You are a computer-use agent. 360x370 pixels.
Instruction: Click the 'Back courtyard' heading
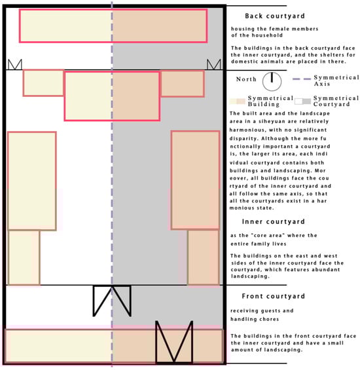tap(275, 16)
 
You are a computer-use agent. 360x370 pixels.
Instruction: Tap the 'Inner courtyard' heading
tap(274, 221)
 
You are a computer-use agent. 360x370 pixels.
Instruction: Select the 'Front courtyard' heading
tap(274, 296)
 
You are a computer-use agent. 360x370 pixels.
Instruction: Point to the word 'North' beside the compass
tap(246, 79)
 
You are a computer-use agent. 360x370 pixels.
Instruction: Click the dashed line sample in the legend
tap(302, 79)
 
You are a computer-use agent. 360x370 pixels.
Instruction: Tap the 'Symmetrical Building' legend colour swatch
tap(238, 102)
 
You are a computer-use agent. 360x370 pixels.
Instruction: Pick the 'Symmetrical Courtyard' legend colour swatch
tap(303, 102)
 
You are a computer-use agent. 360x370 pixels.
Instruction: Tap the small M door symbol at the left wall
tap(15, 64)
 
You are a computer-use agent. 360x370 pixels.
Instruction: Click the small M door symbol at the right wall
tap(214, 64)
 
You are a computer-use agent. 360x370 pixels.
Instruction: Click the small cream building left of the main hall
tap(43, 83)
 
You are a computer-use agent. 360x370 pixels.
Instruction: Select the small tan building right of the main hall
tap(183, 84)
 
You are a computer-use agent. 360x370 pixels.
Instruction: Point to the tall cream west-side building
tap(32, 181)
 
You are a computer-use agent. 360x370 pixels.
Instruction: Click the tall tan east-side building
tap(196, 180)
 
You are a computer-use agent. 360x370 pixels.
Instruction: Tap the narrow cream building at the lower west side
tap(24, 257)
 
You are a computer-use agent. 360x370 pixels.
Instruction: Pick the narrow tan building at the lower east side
tap(204, 257)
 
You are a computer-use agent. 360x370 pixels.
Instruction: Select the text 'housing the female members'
tap(275, 29)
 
